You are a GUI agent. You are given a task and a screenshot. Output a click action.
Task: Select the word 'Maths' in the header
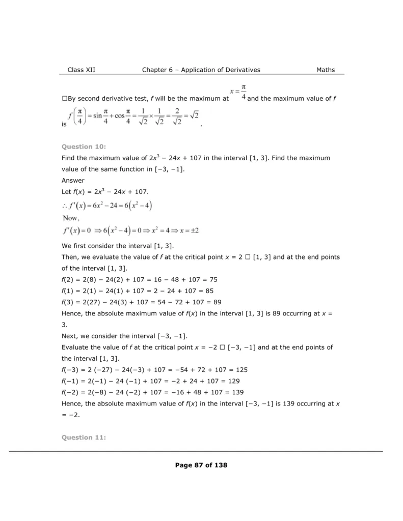pos(326,70)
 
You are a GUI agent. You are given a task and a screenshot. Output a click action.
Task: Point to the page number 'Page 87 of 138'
pos(201,465)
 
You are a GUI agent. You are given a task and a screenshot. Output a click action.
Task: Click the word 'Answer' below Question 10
pos(73,180)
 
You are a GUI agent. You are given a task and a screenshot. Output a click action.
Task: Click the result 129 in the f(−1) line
pos(227,381)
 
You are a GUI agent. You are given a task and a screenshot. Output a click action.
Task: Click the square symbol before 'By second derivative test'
pos(64,98)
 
